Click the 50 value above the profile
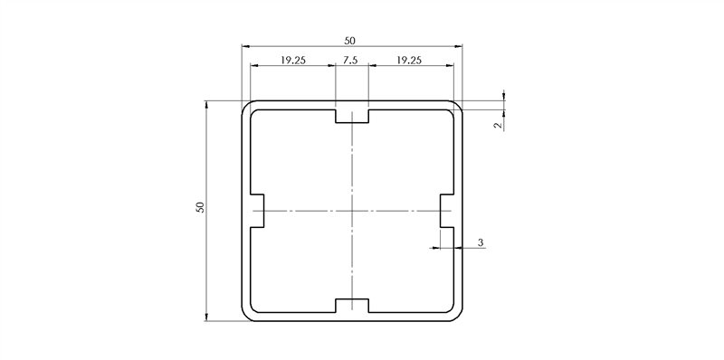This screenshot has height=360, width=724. [x=351, y=40]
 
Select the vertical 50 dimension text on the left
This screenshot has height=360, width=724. [x=200, y=207]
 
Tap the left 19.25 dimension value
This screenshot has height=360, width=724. [x=292, y=61]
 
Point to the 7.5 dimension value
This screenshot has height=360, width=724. [x=351, y=61]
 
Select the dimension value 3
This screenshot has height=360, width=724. [x=480, y=242]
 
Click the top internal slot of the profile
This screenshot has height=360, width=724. [x=351, y=116]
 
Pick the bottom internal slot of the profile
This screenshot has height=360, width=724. [x=351, y=306]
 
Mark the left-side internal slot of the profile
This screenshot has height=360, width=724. [x=255, y=211]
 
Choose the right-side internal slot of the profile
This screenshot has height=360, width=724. [x=447, y=211]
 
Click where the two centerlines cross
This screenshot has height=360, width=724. [x=351, y=211]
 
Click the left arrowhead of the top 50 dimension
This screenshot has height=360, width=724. [x=245, y=45]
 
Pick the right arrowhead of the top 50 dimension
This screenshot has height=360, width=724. [x=458, y=45]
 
